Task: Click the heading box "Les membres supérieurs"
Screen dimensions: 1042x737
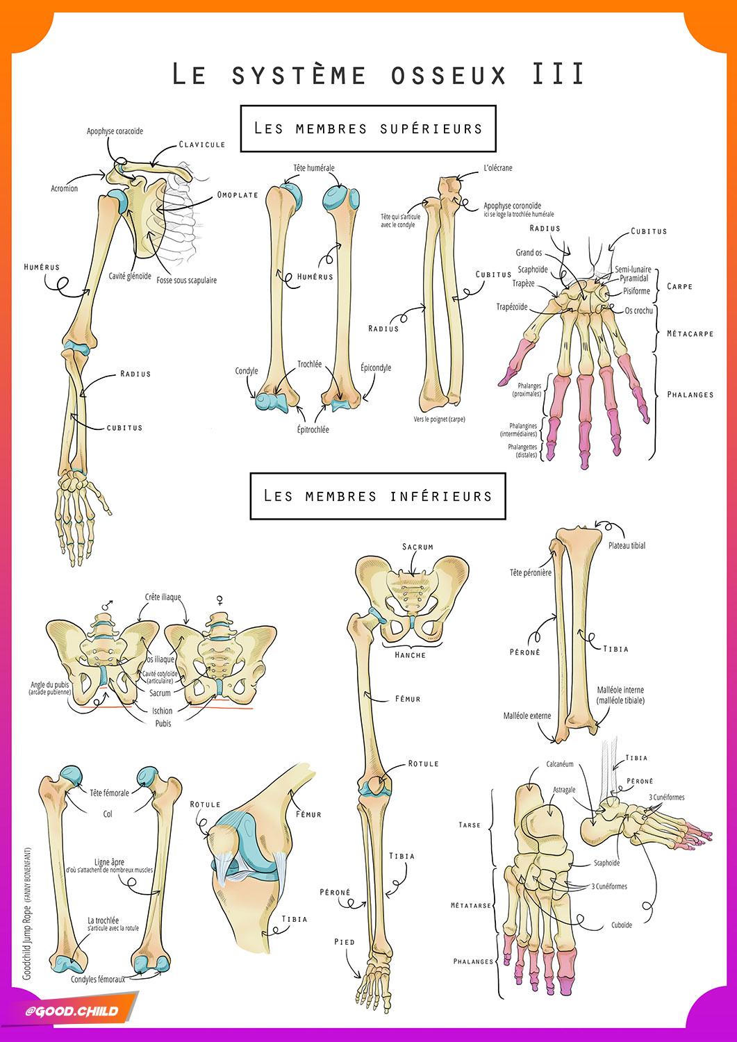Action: point(368,129)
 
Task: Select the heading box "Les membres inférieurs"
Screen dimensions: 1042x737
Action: point(377,495)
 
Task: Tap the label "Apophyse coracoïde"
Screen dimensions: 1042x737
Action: point(115,131)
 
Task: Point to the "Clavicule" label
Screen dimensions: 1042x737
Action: point(201,144)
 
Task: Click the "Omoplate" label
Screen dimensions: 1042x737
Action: point(238,195)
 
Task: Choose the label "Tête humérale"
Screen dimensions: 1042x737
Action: point(314,168)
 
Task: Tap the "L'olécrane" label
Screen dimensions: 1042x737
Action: point(498,168)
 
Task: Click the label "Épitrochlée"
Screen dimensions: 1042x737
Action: point(313,430)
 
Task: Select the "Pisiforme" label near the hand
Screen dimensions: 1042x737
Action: point(636,291)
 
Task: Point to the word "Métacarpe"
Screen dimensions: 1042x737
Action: point(690,333)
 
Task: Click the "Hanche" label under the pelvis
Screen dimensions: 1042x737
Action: point(410,655)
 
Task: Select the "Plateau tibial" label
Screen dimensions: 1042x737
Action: point(627,545)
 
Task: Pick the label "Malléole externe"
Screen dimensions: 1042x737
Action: point(527,716)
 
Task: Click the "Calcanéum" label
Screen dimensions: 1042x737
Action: point(560,764)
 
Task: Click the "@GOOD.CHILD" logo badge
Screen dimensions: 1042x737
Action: point(82,1011)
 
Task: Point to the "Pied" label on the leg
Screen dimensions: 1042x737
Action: point(344,942)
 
